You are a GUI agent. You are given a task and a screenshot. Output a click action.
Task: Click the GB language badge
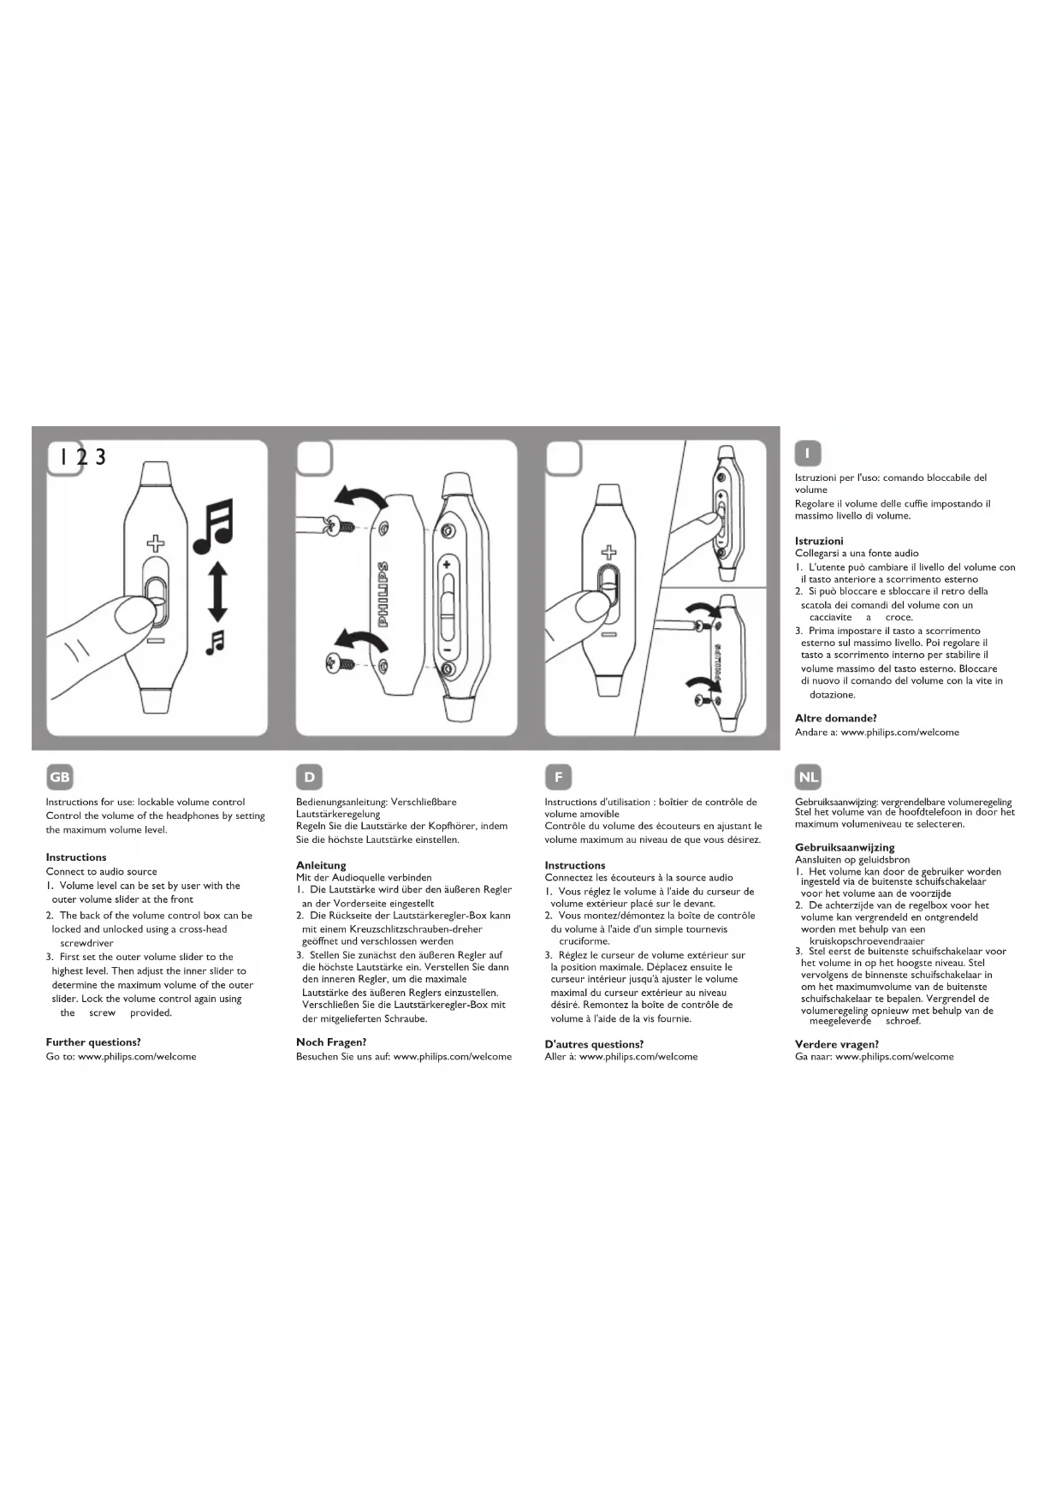point(60,777)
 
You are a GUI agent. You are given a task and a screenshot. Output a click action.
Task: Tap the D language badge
point(309,777)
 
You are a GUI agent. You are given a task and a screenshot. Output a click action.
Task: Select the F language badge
point(558,777)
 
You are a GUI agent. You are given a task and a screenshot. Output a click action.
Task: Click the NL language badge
point(808,777)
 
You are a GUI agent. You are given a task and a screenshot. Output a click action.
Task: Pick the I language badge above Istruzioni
point(808,453)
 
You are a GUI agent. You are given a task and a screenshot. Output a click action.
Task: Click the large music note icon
point(213,528)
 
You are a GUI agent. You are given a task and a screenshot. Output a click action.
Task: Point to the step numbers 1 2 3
point(82,457)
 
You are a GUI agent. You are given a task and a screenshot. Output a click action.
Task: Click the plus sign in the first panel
point(155,543)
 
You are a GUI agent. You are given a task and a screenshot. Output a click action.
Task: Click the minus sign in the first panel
point(155,640)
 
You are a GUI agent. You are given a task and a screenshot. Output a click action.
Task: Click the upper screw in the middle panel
point(347,525)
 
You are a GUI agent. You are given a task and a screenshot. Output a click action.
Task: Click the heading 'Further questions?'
point(93,1042)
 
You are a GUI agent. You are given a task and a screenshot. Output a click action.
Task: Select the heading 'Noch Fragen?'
point(331,1042)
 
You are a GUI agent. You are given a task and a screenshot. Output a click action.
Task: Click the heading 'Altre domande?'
point(836,719)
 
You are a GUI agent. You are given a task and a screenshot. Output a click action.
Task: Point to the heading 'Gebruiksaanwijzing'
point(845,847)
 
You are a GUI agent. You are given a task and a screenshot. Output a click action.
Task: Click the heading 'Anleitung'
point(321,865)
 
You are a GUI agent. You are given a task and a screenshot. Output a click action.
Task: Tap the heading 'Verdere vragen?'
point(837,1044)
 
